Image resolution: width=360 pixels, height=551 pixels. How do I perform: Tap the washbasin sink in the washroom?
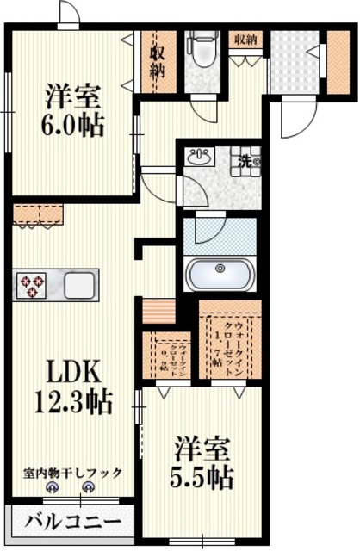point(201,158)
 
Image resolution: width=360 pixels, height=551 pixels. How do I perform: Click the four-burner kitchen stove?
point(32,284)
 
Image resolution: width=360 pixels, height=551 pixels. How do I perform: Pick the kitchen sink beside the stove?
point(78,284)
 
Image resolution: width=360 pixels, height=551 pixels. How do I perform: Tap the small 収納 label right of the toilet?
point(245,39)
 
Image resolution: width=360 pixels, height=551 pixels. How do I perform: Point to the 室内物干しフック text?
point(72,473)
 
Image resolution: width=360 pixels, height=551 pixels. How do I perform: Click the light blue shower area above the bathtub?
point(219,233)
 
